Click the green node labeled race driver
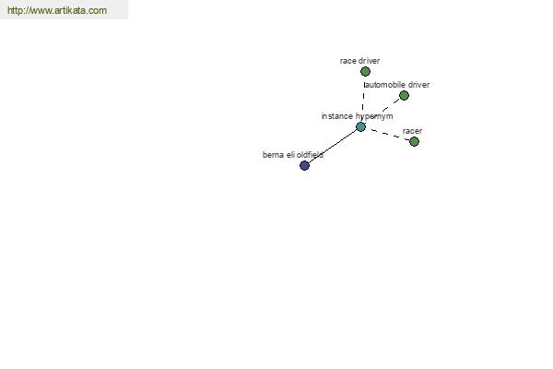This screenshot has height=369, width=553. (365, 72)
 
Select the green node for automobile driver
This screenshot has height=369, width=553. (405, 95)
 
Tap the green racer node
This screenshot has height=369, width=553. (415, 141)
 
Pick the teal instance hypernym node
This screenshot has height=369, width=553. (360, 126)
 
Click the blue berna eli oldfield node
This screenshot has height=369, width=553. (305, 165)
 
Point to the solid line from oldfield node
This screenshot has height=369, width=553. (333, 146)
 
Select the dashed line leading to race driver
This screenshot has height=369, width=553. (363, 100)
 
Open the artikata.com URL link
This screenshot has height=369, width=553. (57, 10)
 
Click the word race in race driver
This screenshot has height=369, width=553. (347, 61)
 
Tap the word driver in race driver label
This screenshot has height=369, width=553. (369, 61)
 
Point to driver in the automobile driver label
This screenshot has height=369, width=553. (418, 85)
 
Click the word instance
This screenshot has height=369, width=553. (337, 116)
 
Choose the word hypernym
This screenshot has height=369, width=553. (374, 116)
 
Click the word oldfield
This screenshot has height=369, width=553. (310, 155)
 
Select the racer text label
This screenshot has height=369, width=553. (412, 131)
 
